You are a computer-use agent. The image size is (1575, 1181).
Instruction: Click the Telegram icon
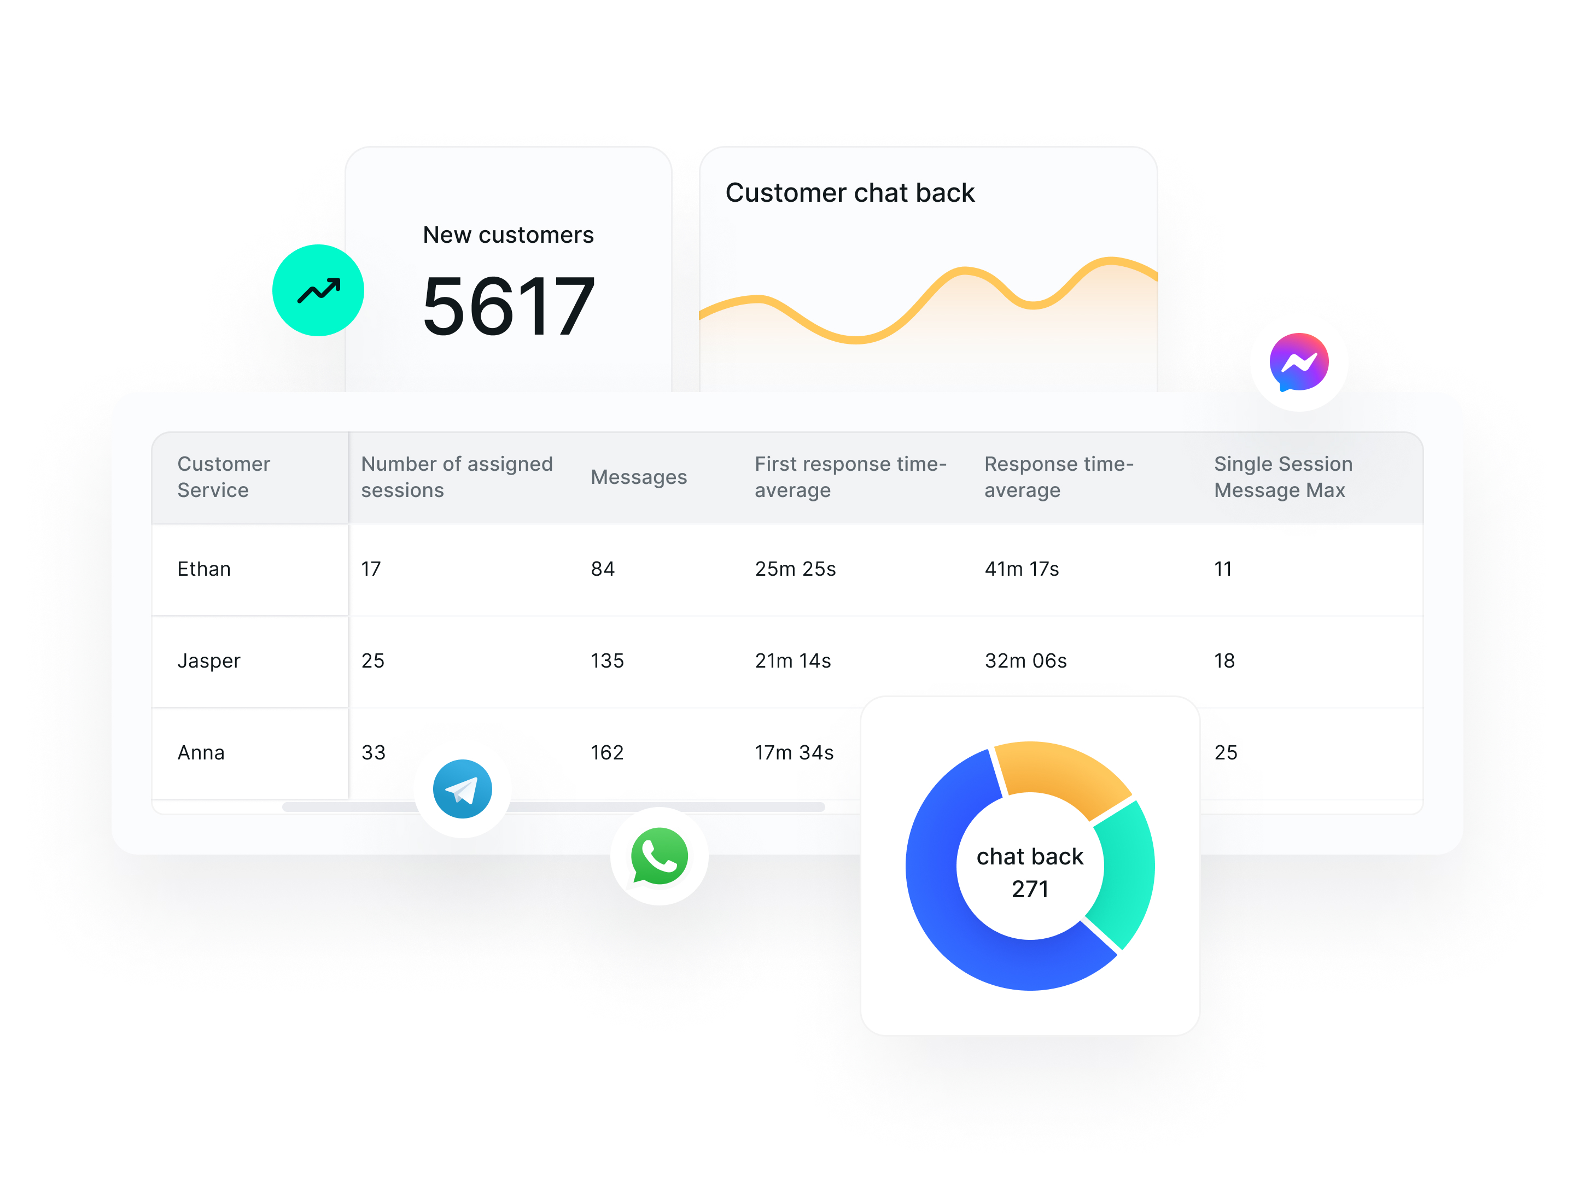(x=462, y=789)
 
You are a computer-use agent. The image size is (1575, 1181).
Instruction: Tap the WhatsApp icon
(x=660, y=856)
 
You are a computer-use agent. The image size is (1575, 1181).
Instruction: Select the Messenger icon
(x=1298, y=363)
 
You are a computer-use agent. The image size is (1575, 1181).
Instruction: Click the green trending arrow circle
(x=318, y=290)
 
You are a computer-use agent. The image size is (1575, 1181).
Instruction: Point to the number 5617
(x=509, y=306)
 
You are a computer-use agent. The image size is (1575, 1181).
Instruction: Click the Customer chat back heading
(x=849, y=193)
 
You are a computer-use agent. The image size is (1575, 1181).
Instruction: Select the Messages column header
(x=639, y=477)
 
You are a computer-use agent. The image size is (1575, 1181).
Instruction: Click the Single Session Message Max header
(x=1282, y=477)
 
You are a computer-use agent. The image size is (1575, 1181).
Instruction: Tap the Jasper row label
(x=208, y=660)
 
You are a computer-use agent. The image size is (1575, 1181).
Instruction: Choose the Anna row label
(x=201, y=752)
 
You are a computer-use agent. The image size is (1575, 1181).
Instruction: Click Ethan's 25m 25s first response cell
(x=795, y=569)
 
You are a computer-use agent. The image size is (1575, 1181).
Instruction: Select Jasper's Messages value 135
(x=606, y=660)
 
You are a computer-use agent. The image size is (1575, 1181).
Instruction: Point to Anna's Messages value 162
(x=606, y=752)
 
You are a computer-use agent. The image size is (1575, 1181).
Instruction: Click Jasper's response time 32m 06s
(x=1025, y=660)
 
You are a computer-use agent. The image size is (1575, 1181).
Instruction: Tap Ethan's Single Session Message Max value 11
(x=1223, y=569)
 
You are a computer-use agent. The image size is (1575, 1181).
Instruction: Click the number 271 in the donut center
(x=1030, y=889)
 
